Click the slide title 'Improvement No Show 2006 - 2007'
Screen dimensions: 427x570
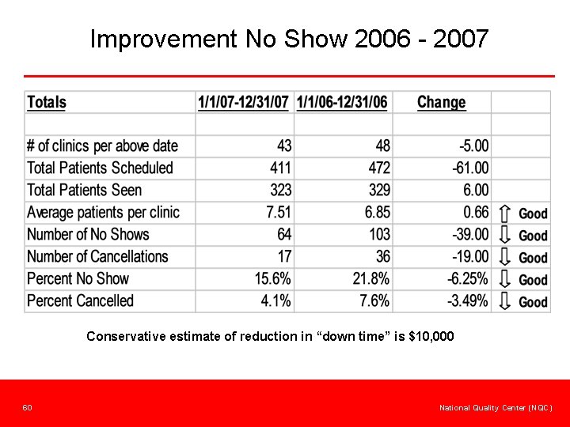(289, 38)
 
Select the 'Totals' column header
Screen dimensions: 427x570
(47, 102)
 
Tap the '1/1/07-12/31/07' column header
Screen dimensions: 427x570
(243, 102)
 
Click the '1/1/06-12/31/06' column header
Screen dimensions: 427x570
(342, 102)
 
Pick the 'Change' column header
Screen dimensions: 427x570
(441, 102)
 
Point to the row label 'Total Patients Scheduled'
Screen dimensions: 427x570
(100, 168)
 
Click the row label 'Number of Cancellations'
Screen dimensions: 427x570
(97, 256)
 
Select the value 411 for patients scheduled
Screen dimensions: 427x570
(280, 168)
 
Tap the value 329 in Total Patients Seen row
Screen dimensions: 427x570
(379, 190)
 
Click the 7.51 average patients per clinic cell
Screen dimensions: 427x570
(278, 212)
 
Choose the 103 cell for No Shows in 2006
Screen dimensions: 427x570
(379, 234)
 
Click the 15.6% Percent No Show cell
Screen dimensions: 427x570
(273, 278)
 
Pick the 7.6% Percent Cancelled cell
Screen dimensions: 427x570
(374, 300)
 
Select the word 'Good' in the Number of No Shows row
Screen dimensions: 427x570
(533, 236)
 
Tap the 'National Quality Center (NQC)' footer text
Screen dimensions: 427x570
(496, 407)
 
